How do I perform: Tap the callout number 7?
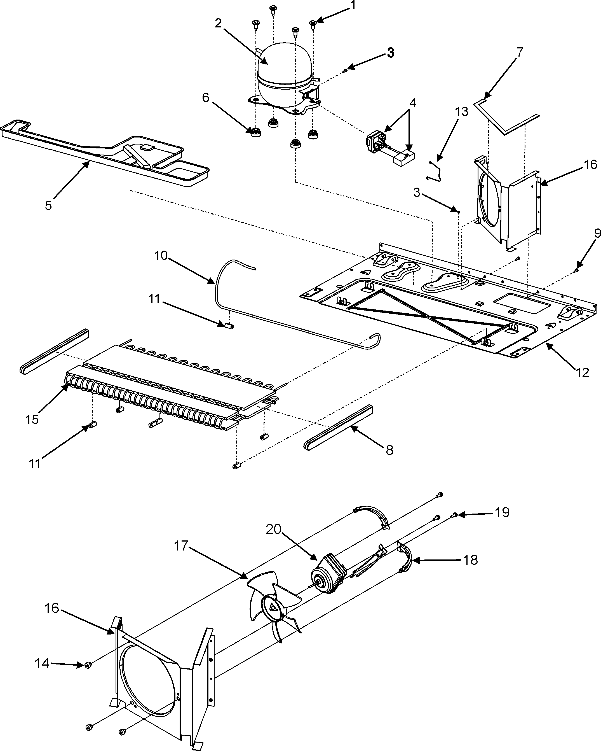[519, 52]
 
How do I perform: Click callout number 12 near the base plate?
[582, 372]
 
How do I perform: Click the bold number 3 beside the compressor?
[391, 53]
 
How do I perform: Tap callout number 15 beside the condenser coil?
[32, 419]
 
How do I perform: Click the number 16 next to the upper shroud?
[590, 164]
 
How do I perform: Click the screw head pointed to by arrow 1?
[313, 23]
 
